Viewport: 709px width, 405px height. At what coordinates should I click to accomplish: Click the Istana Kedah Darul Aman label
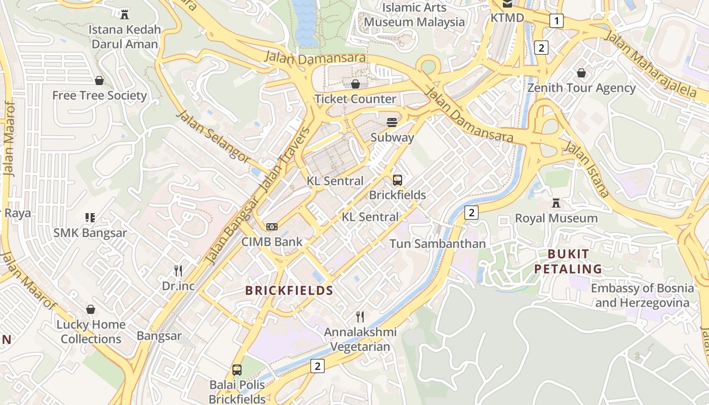[125, 37]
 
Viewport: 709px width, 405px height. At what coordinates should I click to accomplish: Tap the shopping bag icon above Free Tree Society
[99, 80]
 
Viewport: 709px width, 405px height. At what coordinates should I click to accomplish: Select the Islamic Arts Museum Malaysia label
[414, 15]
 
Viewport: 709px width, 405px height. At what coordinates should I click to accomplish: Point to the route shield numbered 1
[557, 21]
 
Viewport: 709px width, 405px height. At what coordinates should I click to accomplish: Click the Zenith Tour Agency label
[581, 88]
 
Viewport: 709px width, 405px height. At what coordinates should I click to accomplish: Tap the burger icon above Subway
[392, 122]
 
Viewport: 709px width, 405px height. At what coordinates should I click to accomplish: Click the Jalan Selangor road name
[213, 136]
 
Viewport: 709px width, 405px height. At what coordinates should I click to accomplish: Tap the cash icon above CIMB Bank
[272, 227]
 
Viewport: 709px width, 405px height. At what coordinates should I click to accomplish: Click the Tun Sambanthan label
[438, 244]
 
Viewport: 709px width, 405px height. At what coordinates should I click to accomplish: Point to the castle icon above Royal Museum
[556, 204]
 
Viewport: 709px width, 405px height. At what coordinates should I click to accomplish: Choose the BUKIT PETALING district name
[568, 261]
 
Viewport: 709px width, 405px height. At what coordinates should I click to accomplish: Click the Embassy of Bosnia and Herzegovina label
[642, 296]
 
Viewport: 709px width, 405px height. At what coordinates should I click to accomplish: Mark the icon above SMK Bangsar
[90, 218]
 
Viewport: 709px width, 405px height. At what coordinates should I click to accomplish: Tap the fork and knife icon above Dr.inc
[178, 270]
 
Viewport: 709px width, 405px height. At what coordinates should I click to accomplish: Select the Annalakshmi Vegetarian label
[360, 340]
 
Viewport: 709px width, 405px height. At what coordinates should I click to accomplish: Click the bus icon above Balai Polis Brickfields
[237, 370]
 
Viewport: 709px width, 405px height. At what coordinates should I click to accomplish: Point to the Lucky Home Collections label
[91, 332]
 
